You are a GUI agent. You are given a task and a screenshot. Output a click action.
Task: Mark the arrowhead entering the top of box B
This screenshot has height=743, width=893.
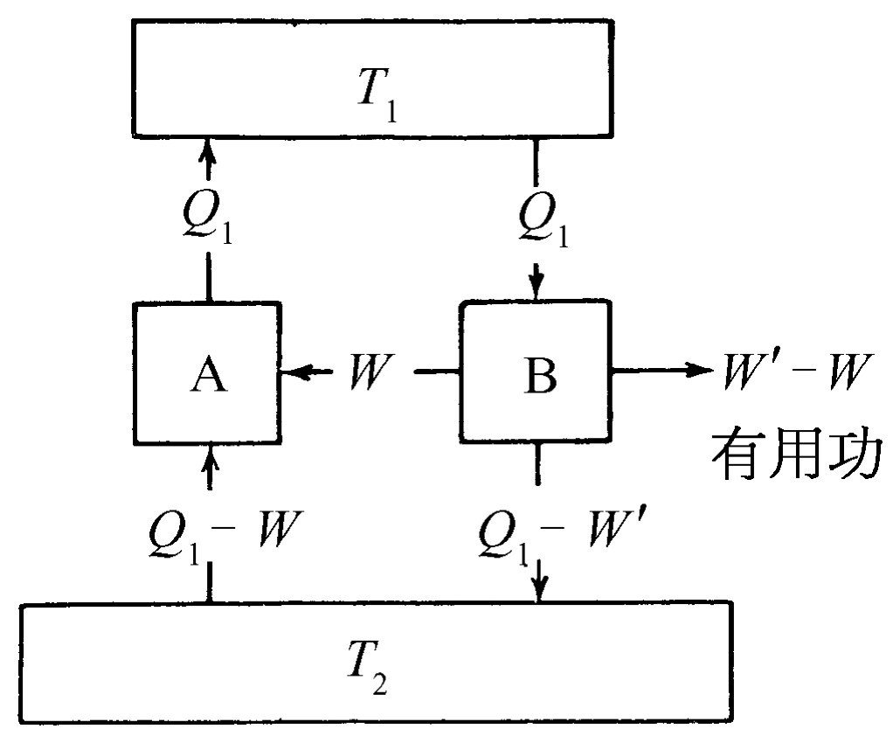point(537,288)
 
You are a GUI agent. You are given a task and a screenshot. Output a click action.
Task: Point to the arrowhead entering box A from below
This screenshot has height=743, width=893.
point(208,455)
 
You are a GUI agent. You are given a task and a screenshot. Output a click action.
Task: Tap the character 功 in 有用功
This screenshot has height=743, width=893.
point(851,456)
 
